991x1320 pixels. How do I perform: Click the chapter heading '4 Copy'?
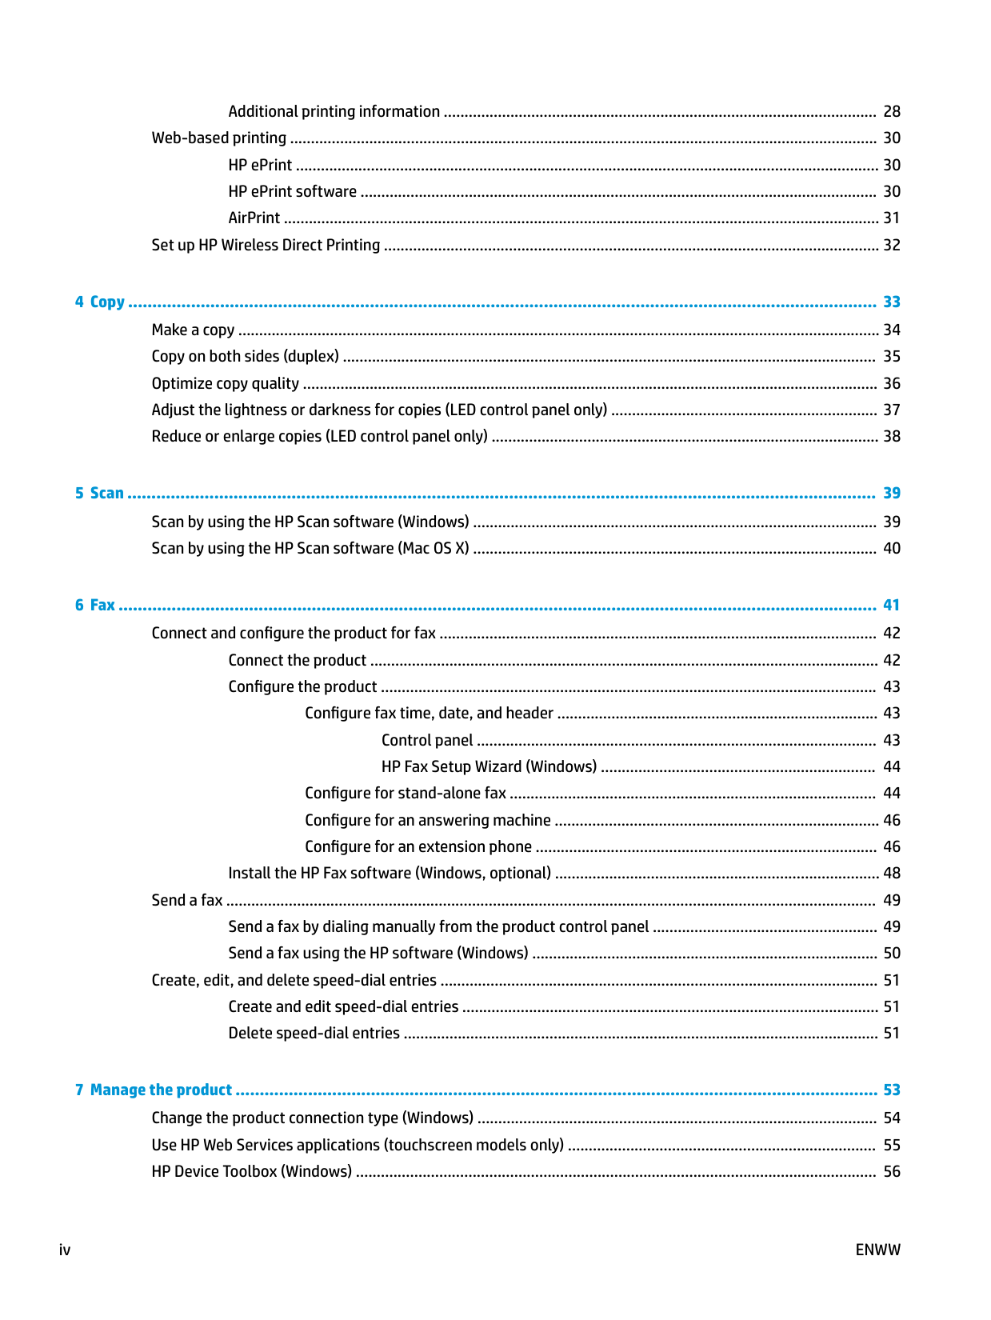click(x=100, y=302)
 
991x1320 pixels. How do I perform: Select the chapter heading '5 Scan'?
click(x=100, y=493)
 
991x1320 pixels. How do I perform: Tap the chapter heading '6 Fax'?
click(x=95, y=605)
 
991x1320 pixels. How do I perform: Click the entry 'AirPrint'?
click(x=254, y=218)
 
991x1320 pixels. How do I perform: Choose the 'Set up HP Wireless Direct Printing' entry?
click(x=266, y=245)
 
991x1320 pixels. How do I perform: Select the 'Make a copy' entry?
click(x=193, y=330)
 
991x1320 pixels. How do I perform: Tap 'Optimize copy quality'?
click(x=226, y=383)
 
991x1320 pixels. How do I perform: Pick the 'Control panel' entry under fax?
click(x=427, y=740)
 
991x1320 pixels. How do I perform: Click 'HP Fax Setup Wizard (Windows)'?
click(x=489, y=766)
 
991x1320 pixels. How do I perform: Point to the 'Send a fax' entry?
click(x=187, y=900)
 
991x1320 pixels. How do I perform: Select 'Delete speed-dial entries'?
click(x=314, y=1033)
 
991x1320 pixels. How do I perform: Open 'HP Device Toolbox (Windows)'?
click(x=252, y=1171)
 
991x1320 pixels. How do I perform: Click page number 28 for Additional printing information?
click(x=891, y=111)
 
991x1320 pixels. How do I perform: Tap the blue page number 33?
click(x=891, y=302)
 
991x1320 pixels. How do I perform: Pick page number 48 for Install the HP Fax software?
click(x=891, y=873)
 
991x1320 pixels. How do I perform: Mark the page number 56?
click(x=891, y=1171)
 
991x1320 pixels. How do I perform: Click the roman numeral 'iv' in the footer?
click(x=65, y=1250)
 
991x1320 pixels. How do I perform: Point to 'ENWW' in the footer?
click(x=877, y=1250)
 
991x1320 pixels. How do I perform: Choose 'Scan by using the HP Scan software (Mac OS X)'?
click(x=310, y=548)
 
